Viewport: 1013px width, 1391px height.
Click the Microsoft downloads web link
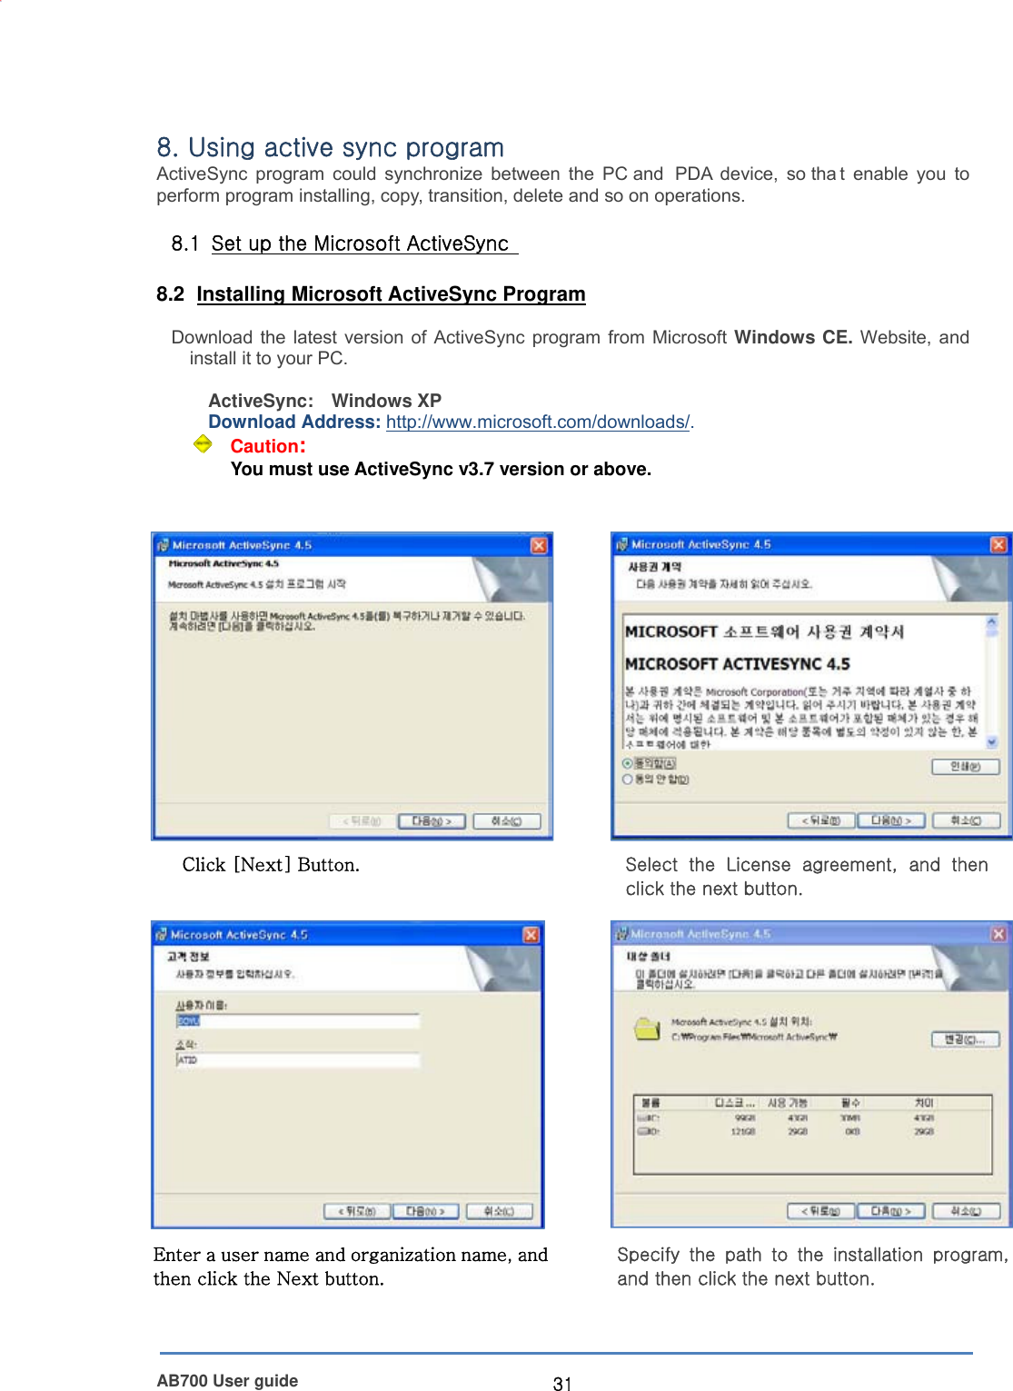pyautogui.click(x=538, y=422)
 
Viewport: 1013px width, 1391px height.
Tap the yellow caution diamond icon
pyautogui.click(x=203, y=444)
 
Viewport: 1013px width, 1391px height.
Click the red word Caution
pyautogui.click(x=267, y=446)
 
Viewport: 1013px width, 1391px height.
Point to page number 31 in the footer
pyautogui.click(x=562, y=1383)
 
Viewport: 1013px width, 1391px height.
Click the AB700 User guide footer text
pyautogui.click(x=227, y=1381)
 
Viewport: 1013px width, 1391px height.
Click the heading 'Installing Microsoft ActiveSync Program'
pyautogui.click(x=391, y=294)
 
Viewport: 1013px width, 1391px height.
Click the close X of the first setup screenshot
pyautogui.click(x=539, y=545)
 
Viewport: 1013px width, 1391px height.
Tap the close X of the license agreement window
pyautogui.click(x=998, y=544)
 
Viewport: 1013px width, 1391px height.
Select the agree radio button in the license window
pyautogui.click(x=628, y=764)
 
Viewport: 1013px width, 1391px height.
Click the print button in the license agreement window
pyautogui.click(x=965, y=767)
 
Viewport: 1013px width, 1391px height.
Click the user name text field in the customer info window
pyautogui.click(x=298, y=1021)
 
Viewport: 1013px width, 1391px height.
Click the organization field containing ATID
pyautogui.click(x=298, y=1060)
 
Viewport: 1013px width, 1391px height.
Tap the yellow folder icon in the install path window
pyautogui.click(x=647, y=1029)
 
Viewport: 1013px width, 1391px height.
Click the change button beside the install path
pyautogui.click(x=965, y=1039)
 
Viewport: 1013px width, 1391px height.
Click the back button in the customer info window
pyautogui.click(x=357, y=1211)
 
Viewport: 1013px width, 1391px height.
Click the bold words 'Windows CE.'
pyautogui.click(x=792, y=338)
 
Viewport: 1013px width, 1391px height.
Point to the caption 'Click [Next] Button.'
pyautogui.click(x=271, y=865)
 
